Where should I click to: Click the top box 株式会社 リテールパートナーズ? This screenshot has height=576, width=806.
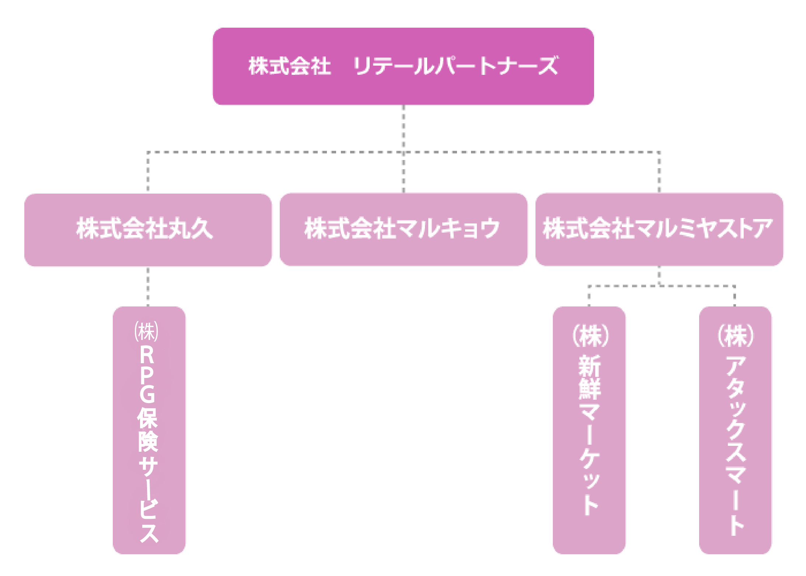(403, 66)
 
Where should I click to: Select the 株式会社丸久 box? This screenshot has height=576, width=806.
(148, 229)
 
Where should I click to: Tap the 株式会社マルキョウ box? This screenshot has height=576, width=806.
(403, 229)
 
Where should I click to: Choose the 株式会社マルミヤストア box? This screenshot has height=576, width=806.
(659, 229)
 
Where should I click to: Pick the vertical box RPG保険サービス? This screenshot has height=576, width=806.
(149, 430)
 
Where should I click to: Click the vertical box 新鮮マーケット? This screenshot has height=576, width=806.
(589, 430)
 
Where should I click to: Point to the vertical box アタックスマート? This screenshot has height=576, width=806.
(735, 430)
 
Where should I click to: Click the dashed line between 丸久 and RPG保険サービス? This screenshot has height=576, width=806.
(148, 287)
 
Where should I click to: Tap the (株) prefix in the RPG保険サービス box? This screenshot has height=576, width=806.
(147, 331)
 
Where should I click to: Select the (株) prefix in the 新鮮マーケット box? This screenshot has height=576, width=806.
(590, 336)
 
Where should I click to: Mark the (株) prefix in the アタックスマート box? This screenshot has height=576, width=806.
(736, 336)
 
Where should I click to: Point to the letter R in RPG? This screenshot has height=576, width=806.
(147, 355)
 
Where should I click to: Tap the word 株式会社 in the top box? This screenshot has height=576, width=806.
(290, 66)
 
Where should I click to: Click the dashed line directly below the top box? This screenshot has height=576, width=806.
(403, 127)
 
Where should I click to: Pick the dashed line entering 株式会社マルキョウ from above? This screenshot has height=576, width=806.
(403, 173)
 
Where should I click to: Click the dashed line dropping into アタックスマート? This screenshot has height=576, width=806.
(734, 297)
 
